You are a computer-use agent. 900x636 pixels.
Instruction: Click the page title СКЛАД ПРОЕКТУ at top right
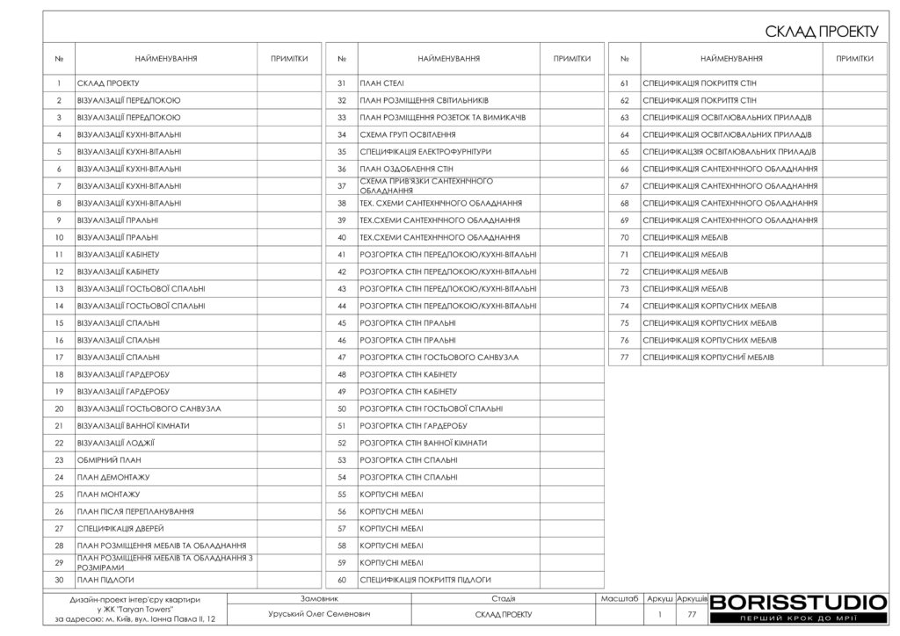(822, 32)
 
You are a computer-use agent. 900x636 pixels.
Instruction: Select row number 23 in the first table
(59, 459)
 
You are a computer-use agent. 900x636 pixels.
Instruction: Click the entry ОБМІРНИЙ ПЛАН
(109, 459)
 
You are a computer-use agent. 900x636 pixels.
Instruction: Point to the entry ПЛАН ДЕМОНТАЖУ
(113, 477)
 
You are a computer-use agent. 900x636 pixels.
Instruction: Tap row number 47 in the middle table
(341, 358)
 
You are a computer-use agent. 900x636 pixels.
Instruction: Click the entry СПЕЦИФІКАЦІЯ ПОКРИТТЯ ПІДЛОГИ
(425, 580)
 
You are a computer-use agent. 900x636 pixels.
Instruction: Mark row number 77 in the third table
(624, 358)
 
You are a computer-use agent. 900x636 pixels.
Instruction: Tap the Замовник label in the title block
(320, 598)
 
